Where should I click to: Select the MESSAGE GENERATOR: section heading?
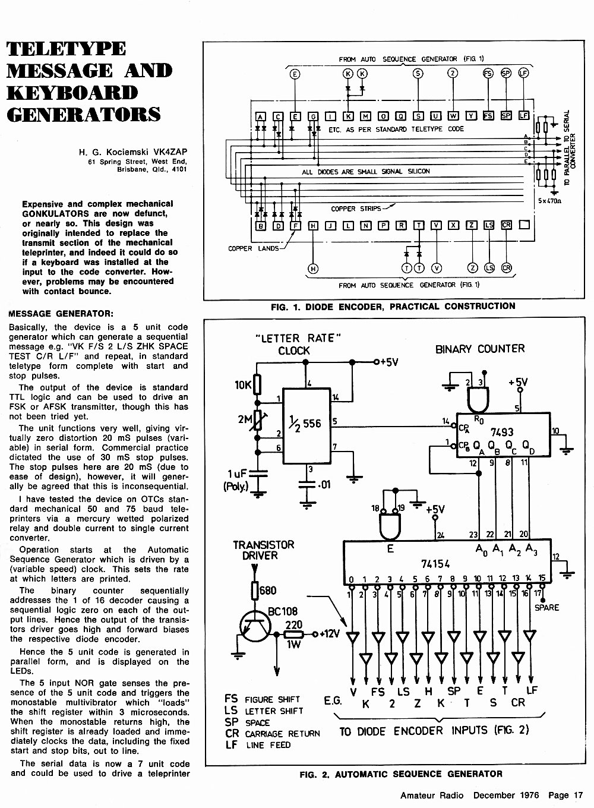pyautogui.click(x=61, y=314)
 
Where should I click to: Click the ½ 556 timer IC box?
pyautogui.click(x=307, y=425)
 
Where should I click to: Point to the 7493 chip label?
pyautogui.click(x=502, y=432)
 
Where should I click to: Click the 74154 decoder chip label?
pyautogui.click(x=435, y=564)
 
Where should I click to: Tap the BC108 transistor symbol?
pyautogui.click(x=255, y=627)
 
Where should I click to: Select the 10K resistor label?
pyautogui.click(x=243, y=385)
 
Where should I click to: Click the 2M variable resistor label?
pyautogui.click(x=245, y=419)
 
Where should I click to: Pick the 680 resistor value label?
pyautogui.click(x=268, y=591)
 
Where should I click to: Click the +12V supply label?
pyautogui.click(x=330, y=634)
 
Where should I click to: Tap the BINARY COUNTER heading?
pyautogui.click(x=480, y=349)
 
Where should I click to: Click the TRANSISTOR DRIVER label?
pyautogui.click(x=263, y=550)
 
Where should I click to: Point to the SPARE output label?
pyautogui.click(x=546, y=608)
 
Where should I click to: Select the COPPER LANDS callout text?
pyautogui.click(x=254, y=248)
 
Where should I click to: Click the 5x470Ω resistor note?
pyautogui.click(x=550, y=201)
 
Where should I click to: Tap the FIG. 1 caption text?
pyautogui.click(x=393, y=307)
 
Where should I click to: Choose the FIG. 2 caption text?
pyautogui.click(x=401, y=774)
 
